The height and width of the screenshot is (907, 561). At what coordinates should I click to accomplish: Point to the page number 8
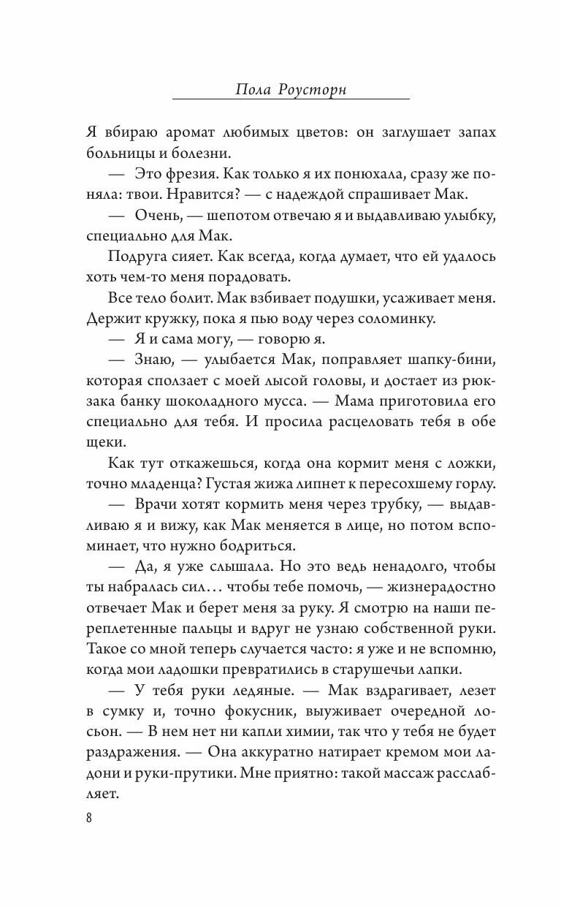89,817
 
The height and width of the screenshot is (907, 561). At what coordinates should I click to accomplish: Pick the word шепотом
246,216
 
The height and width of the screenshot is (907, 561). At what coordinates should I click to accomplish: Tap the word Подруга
137,257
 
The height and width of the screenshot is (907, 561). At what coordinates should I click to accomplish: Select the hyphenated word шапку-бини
443,360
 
